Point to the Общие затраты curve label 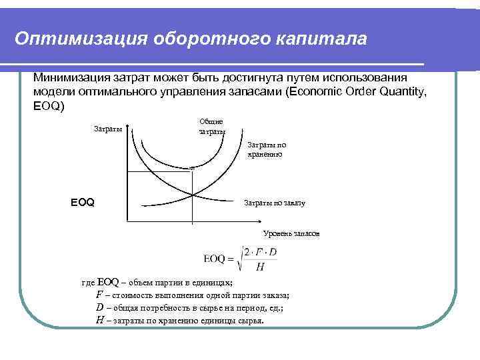pyautogui.click(x=211, y=127)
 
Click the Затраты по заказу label pyautogui.click(x=275, y=202)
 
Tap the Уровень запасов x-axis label pyautogui.click(x=291, y=235)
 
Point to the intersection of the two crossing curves pyautogui.click(x=192, y=195)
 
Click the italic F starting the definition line pyautogui.click(x=99, y=295)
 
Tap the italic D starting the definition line pyautogui.click(x=99, y=307)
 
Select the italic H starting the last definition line pyautogui.click(x=99, y=320)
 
